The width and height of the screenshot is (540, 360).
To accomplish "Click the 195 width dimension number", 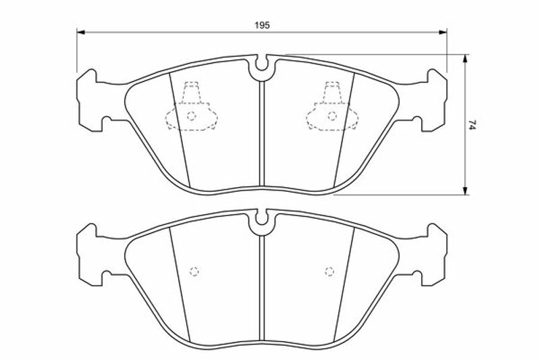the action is pos(262,25).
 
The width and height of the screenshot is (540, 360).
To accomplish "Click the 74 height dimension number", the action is pos(472,124).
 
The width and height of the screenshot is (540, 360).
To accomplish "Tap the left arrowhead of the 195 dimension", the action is pos(80,32).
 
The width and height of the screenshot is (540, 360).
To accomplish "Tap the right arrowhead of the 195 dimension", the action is pos(443,32).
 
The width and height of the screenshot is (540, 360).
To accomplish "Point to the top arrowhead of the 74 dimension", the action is pos(465,59).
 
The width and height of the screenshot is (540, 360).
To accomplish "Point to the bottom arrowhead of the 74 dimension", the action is pos(465,190).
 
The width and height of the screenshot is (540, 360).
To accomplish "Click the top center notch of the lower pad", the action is pos(262,219).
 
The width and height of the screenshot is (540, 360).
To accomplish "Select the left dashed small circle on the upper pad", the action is pos(192,116).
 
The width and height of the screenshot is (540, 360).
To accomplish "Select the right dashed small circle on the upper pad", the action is pos(332,116).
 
